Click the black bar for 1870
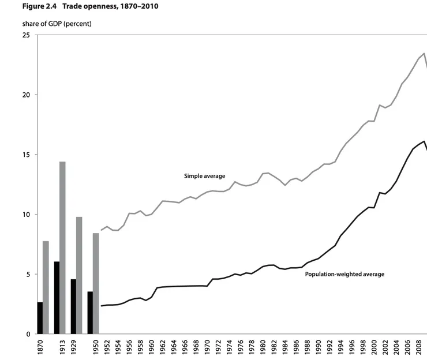(x=40, y=318)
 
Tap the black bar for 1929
(x=73, y=306)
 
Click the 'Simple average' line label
(x=204, y=176)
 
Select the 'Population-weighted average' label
(x=344, y=274)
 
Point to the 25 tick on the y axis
(x=26, y=35)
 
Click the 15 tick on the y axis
(x=26, y=155)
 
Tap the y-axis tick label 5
(x=28, y=274)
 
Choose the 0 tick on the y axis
(x=28, y=334)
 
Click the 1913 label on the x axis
(x=57, y=348)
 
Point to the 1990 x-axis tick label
(x=318, y=348)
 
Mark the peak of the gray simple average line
(x=424, y=53)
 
